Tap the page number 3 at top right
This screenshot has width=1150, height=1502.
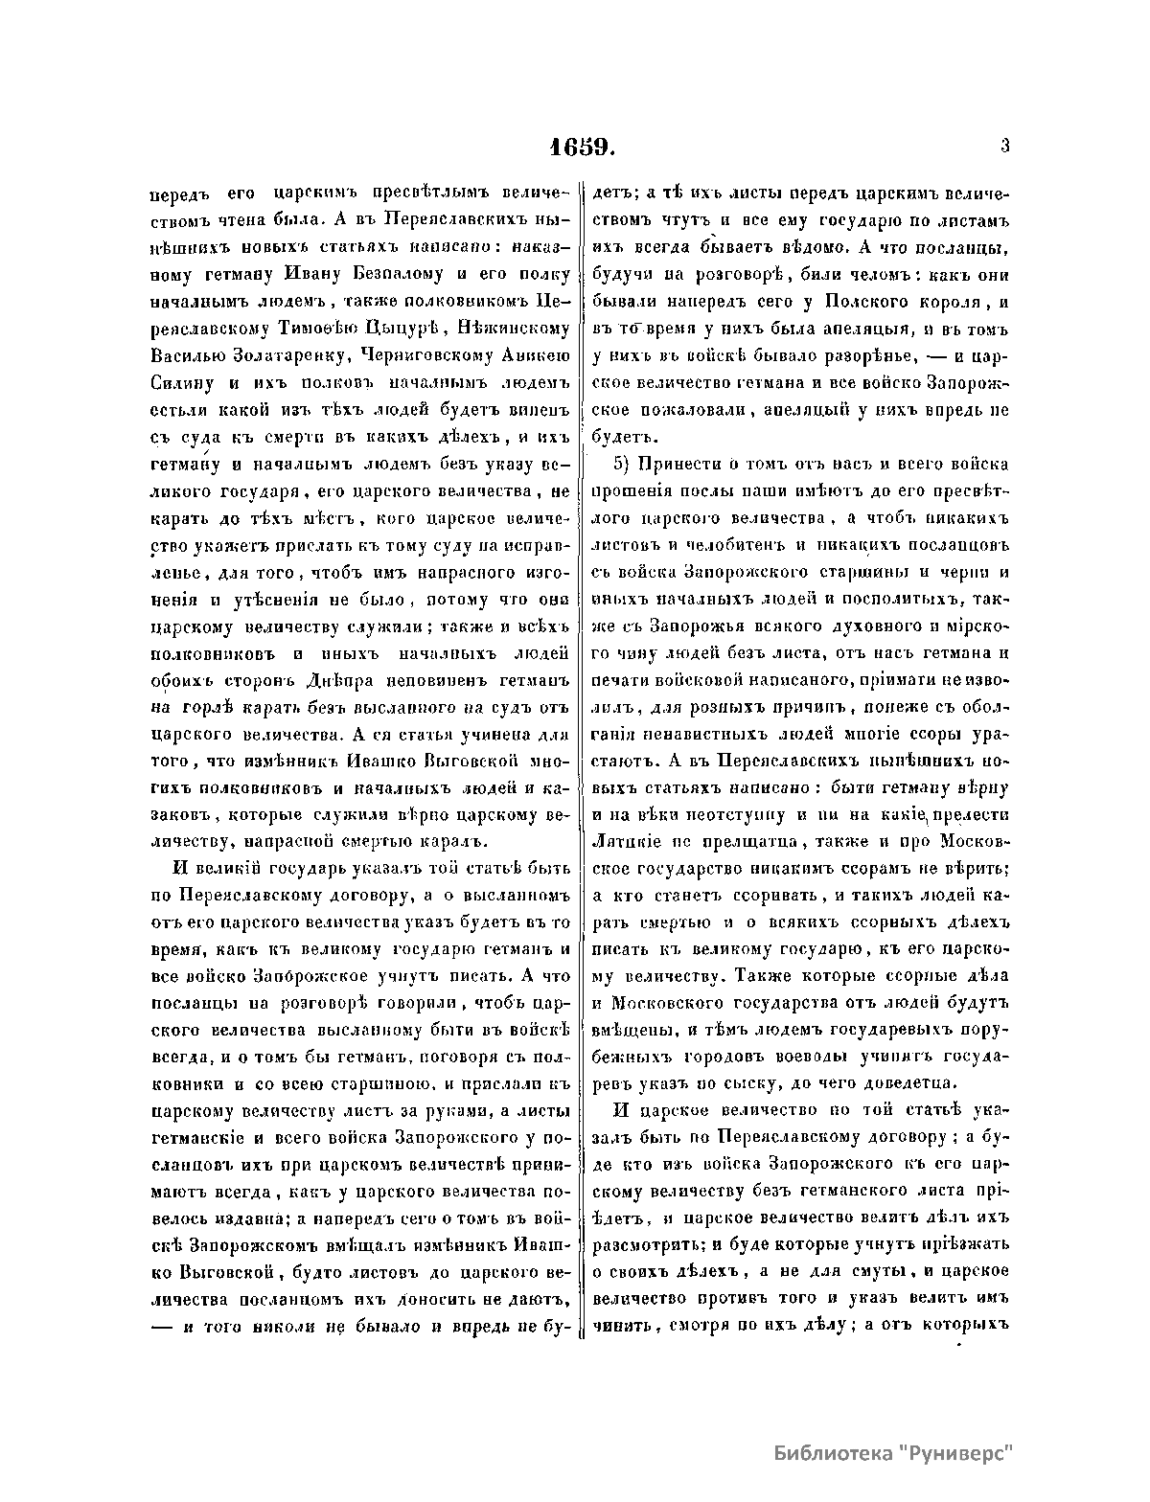(1005, 147)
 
